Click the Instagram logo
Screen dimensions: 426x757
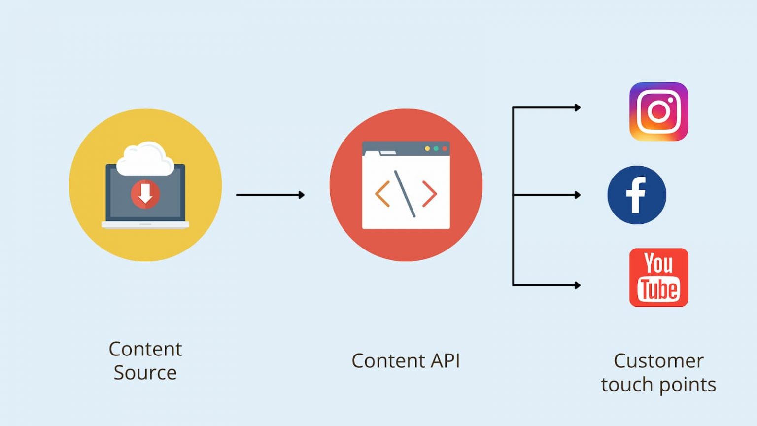click(658, 111)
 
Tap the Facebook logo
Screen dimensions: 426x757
click(637, 195)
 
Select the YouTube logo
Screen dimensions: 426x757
click(658, 278)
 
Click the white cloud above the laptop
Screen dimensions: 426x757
click(145, 159)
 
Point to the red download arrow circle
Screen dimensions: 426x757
click(145, 194)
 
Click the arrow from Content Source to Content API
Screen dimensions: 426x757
click(270, 195)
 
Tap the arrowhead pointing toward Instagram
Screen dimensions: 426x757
click(578, 107)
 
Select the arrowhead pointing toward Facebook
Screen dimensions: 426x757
click(578, 195)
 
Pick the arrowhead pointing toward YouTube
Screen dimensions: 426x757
click(578, 285)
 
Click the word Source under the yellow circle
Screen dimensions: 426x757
click(145, 373)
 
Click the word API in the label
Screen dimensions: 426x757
click(445, 361)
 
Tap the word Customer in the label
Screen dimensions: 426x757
click(658, 361)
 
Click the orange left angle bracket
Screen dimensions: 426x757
click(382, 194)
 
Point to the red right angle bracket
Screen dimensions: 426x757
click(429, 194)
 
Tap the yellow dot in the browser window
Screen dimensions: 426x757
click(427, 148)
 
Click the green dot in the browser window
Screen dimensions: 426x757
click(436, 148)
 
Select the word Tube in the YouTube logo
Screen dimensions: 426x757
click(658, 289)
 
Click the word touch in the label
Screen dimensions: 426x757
click(625, 385)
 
